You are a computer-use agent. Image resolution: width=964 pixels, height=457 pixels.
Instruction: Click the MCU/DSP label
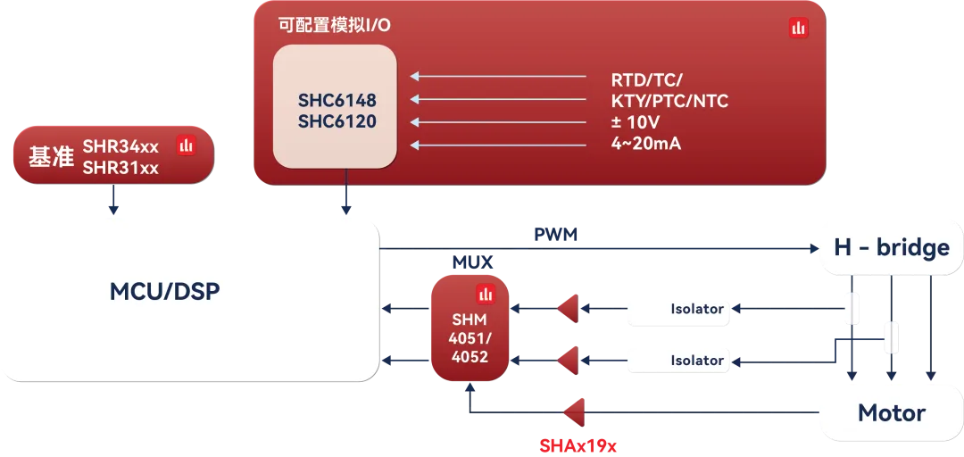coord(164,291)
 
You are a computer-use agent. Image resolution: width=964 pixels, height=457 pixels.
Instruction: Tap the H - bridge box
coord(891,247)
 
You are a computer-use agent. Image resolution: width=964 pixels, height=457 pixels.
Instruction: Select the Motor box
coord(891,412)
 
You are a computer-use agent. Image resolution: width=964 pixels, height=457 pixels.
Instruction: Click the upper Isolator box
coord(677,310)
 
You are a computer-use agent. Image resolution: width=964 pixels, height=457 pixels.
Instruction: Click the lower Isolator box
coord(677,360)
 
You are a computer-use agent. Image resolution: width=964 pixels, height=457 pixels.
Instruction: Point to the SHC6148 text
coord(337,100)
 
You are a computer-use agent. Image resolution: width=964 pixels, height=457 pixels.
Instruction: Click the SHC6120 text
coord(337,121)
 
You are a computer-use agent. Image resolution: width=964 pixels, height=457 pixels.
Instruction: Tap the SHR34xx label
coord(120,146)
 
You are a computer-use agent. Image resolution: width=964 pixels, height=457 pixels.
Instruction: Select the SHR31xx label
coord(120,168)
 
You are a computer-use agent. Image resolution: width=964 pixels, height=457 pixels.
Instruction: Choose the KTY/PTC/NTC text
coord(669,101)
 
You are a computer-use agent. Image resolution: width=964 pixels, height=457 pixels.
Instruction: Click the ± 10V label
coord(635,122)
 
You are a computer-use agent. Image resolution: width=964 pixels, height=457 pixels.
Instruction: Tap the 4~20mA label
coord(645,143)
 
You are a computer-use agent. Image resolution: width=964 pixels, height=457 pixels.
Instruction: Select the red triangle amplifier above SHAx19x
coord(573,411)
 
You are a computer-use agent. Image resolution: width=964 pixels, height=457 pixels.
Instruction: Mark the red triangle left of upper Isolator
coord(567,310)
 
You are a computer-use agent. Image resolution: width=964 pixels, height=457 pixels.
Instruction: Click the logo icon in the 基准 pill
coord(186,145)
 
